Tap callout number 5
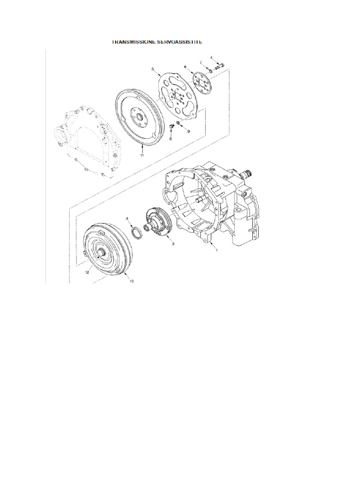tap(153, 69)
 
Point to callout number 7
tap(201, 62)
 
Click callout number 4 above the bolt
tap(218, 58)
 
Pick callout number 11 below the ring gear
tap(141, 154)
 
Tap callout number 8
tap(170, 139)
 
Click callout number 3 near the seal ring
tap(127, 218)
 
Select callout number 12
tap(87, 272)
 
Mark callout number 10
tap(131, 281)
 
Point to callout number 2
tap(173, 244)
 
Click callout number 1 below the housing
tap(216, 251)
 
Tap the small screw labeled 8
tap(172, 127)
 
